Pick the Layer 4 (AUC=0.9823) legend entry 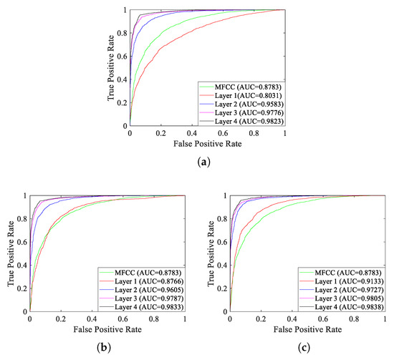241,122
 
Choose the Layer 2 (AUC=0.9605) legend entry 143,288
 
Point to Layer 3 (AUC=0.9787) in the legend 143,298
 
